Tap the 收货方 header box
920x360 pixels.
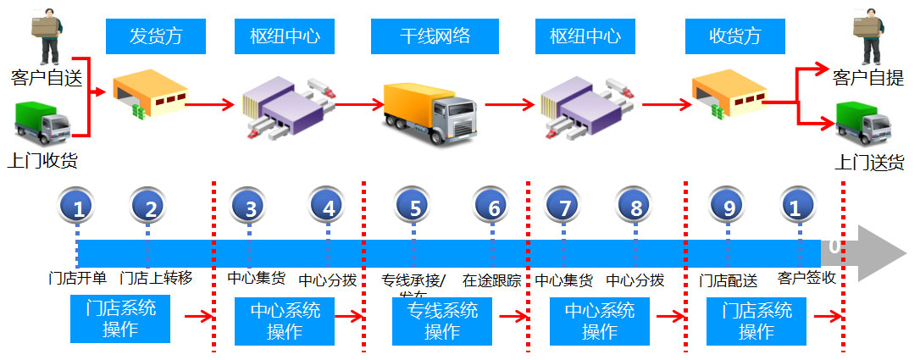[x=734, y=36]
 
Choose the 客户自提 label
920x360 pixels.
[x=868, y=78]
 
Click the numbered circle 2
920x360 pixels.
[x=148, y=207]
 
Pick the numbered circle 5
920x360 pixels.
[x=414, y=207]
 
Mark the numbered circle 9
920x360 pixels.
[x=728, y=207]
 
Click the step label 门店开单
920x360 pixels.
[x=77, y=279]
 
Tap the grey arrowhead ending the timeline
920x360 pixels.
[x=881, y=253]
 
